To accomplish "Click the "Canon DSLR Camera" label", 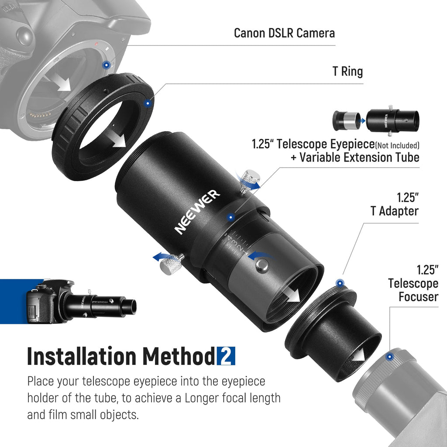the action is click(x=284, y=33).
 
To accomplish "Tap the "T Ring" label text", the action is click(x=347, y=71).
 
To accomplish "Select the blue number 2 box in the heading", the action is click(x=226, y=356).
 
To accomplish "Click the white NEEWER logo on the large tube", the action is click(x=197, y=212).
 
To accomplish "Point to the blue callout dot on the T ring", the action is click(x=148, y=103).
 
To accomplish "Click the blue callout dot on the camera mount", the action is click(x=107, y=65).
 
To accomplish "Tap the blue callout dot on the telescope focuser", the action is click(x=390, y=357).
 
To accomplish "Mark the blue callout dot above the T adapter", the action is click(x=340, y=283).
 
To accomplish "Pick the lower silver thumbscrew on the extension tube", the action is click(x=171, y=263).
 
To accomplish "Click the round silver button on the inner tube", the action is click(x=262, y=264).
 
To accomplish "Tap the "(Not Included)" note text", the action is click(x=397, y=146).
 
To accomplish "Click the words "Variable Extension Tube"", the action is click(x=359, y=157).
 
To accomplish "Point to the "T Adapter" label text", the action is click(x=395, y=211).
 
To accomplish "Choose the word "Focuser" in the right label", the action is click(x=418, y=297).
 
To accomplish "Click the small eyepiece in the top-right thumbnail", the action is click(x=346, y=120).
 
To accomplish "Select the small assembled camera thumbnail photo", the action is click(x=81, y=302).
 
